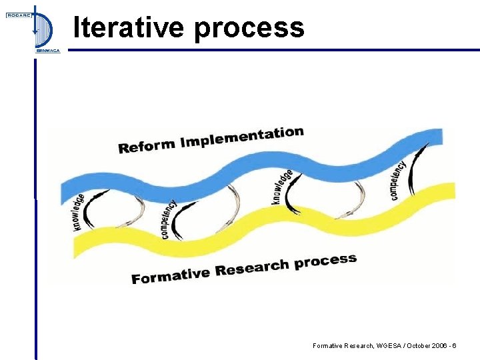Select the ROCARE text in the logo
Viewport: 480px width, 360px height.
pyautogui.click(x=19, y=15)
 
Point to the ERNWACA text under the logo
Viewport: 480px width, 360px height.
pyautogui.click(x=47, y=51)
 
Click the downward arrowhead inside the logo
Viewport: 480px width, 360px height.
pyautogui.click(x=35, y=31)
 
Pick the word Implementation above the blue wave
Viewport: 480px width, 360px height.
pyautogui.click(x=242, y=137)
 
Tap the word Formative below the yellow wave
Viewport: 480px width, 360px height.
pyautogui.click(x=171, y=274)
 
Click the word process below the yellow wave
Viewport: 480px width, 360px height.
pyautogui.click(x=326, y=261)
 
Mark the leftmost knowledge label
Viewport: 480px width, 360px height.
pyautogui.click(x=79, y=212)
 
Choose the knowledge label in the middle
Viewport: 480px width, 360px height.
pyautogui.click(x=282, y=187)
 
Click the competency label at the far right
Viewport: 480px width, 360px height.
pyautogui.click(x=398, y=180)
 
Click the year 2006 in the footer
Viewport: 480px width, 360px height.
pyautogui.click(x=437, y=346)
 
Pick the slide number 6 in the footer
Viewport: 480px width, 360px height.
pyautogui.click(x=454, y=346)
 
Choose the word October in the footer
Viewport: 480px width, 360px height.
pyautogui.click(x=415, y=346)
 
